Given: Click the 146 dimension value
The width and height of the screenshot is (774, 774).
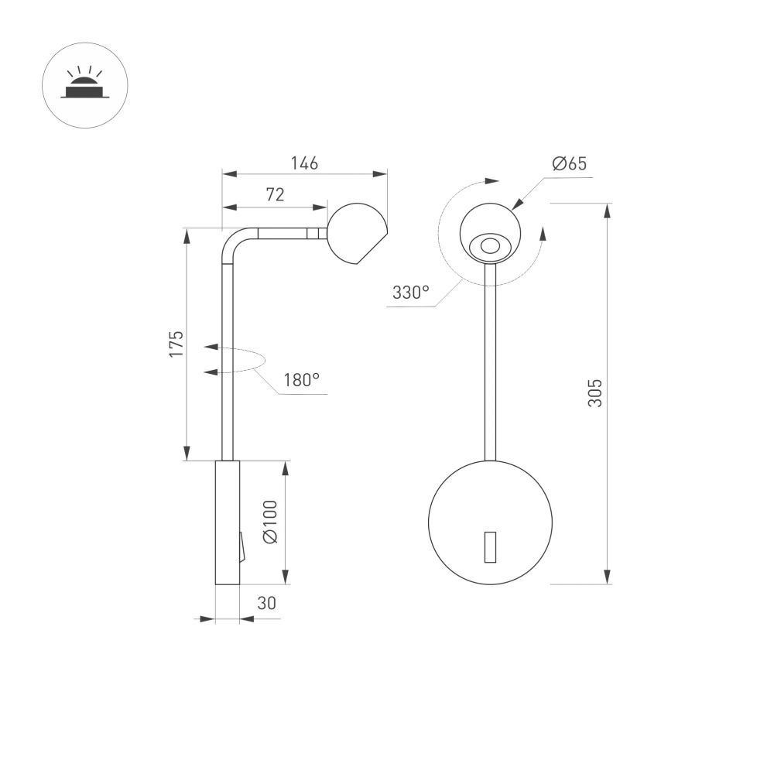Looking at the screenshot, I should point(304,163).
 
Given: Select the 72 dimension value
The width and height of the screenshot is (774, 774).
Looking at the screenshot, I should point(275,195).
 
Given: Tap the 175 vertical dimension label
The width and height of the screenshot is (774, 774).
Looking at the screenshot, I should point(177,344).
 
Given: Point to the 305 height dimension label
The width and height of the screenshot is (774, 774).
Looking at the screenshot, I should point(594,393).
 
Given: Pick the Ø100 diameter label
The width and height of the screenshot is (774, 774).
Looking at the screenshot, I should point(269,522).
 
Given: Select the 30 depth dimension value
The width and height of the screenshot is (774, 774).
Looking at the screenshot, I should point(266,603).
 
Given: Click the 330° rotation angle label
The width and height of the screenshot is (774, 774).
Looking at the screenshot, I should point(410,293).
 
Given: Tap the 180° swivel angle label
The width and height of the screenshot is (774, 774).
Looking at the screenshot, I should point(301,380).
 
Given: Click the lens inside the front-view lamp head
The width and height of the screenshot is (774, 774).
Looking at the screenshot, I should point(489,246).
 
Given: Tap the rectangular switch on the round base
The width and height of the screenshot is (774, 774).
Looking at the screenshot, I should point(490,547).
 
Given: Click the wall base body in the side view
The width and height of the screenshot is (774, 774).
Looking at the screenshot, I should point(227,522).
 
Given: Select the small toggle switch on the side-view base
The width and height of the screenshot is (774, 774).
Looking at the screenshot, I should point(241,547).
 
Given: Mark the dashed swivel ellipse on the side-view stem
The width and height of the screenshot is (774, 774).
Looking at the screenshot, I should point(241,360).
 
